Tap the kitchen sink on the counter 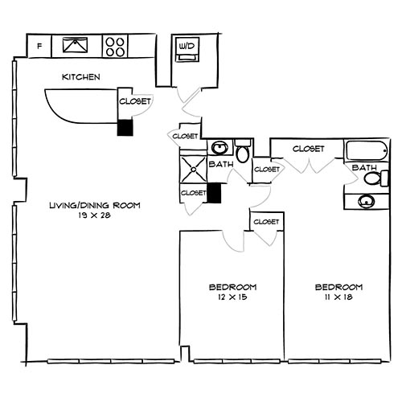tap(79, 46)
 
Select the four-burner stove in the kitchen tap(116, 46)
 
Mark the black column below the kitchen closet tap(125, 128)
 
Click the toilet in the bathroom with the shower tap(243, 153)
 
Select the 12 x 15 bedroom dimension tap(232, 297)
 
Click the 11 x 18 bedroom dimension tap(338, 297)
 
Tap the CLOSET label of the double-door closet tap(308, 149)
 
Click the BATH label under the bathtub tap(364, 167)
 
